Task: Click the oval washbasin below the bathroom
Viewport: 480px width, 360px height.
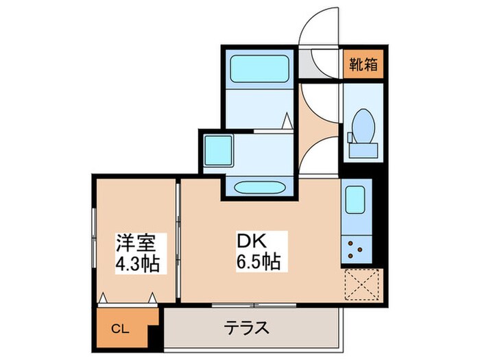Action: pyautogui.click(x=258, y=187)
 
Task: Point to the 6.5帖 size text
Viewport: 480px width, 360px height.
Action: pyautogui.click(x=259, y=262)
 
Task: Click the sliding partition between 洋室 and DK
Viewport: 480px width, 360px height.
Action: pyautogui.click(x=178, y=240)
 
